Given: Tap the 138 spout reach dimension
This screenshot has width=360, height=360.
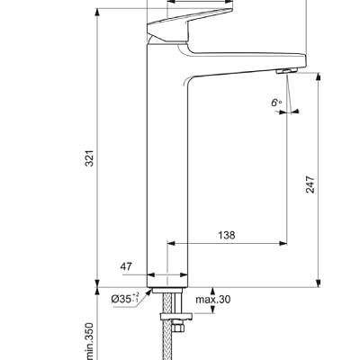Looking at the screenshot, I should (x=227, y=235).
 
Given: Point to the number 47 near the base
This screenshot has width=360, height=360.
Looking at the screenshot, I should (x=126, y=267).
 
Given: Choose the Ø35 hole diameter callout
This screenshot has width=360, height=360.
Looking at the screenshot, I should (x=123, y=298).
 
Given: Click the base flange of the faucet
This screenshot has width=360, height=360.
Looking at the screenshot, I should (x=166, y=282).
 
